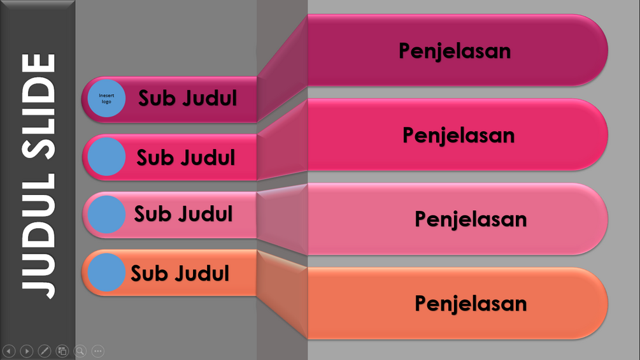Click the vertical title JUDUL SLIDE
coord(38,175)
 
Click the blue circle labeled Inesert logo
coord(106,99)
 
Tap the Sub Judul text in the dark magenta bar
coord(188,98)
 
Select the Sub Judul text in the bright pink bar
coord(186,157)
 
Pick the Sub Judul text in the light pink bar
coord(183,214)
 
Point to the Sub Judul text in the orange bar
coord(180,273)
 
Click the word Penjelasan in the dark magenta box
coord(455,50)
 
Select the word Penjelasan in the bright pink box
coord(459,135)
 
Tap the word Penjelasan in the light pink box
coord(471,219)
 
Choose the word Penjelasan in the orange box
coord(471,303)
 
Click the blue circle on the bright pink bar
coord(106,157)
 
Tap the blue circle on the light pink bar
coord(106,214)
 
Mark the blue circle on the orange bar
coord(106,273)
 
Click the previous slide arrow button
coord(9,350)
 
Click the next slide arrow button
coord(26,350)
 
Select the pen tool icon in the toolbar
coord(44,350)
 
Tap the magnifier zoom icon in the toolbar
coord(80,350)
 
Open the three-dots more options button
coord(97,350)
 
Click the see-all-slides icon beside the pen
coord(62,350)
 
